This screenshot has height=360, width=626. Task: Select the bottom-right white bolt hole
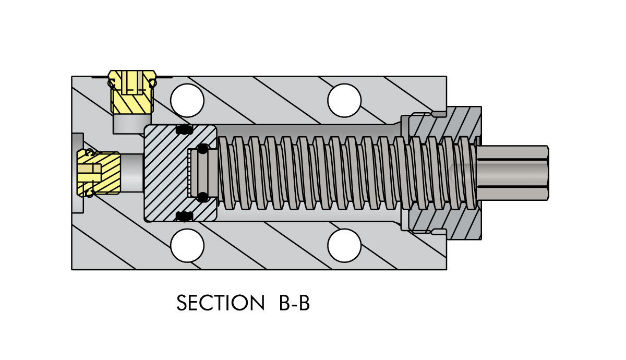[x=344, y=245]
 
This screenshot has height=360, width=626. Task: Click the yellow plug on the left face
[x=99, y=173]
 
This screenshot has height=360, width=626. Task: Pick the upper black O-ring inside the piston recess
[x=203, y=148]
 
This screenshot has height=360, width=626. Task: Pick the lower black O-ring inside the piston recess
[x=203, y=197]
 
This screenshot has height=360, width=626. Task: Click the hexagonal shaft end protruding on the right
[x=514, y=172]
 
